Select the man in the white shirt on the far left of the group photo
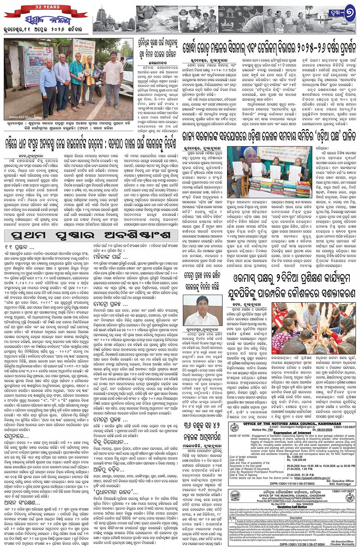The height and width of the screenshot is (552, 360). (x=48, y=86)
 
